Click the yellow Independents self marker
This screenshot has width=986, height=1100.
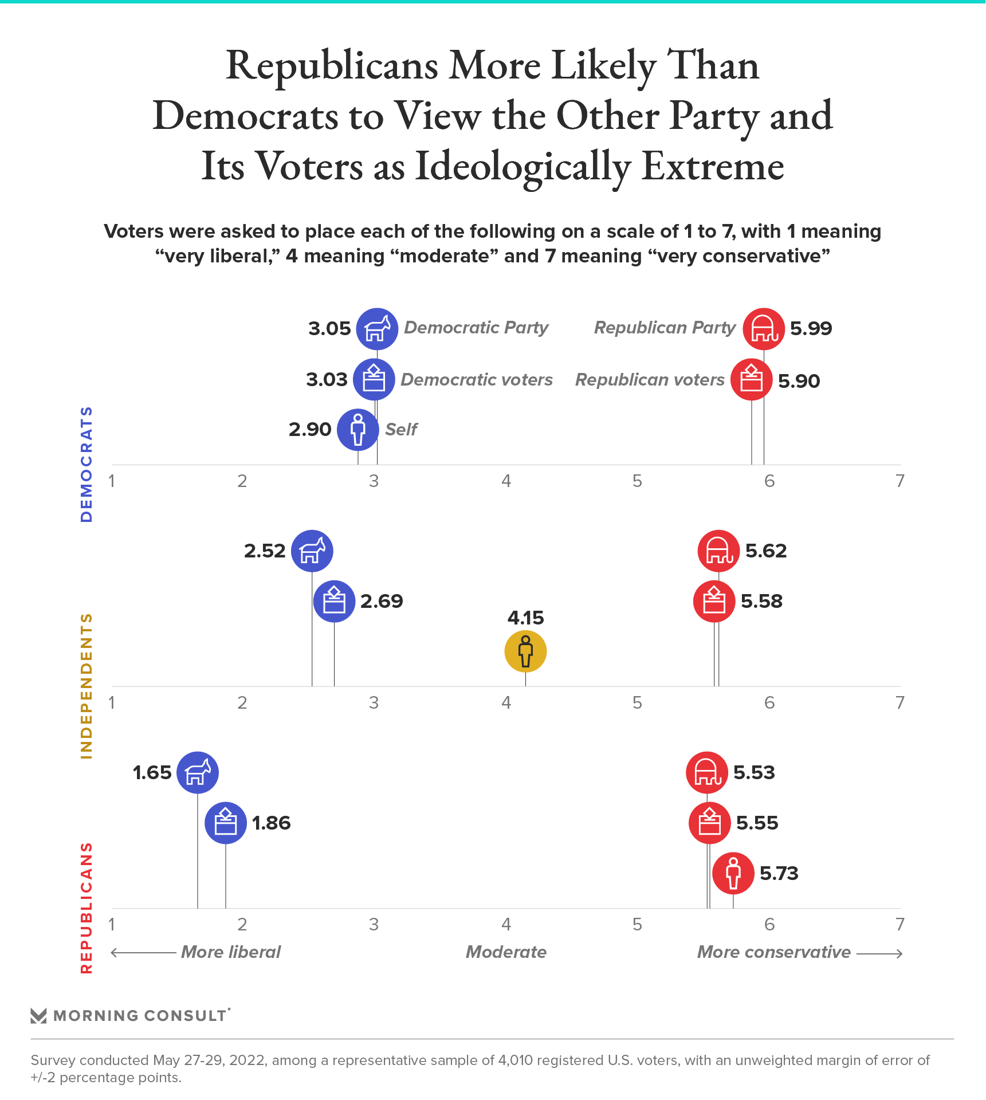(x=525, y=651)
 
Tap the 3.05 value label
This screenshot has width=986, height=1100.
(x=329, y=329)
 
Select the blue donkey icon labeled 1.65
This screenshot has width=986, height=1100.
(x=198, y=772)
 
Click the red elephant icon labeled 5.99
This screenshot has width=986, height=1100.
(x=764, y=329)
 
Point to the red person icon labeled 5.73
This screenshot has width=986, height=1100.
(x=733, y=873)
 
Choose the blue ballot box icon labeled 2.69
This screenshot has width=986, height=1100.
(x=334, y=601)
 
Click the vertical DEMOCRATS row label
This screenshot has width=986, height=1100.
(x=87, y=464)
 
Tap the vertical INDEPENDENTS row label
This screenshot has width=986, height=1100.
(x=87, y=686)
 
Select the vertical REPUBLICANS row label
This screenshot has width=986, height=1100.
(x=87, y=907)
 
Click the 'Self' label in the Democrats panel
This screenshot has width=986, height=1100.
(x=401, y=429)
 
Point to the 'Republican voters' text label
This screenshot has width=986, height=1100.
(x=650, y=380)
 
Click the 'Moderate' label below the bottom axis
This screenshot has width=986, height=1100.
(x=506, y=952)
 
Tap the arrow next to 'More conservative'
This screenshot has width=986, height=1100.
(x=880, y=953)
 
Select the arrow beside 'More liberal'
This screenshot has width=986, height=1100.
(x=143, y=953)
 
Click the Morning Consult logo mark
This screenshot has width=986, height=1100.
(x=38, y=1016)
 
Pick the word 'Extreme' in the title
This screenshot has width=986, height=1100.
(x=713, y=167)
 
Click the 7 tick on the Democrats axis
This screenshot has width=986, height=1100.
(x=900, y=481)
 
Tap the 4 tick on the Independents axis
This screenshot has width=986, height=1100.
(x=506, y=703)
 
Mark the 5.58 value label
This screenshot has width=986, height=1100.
(x=761, y=602)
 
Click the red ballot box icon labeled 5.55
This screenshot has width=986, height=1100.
(x=710, y=823)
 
